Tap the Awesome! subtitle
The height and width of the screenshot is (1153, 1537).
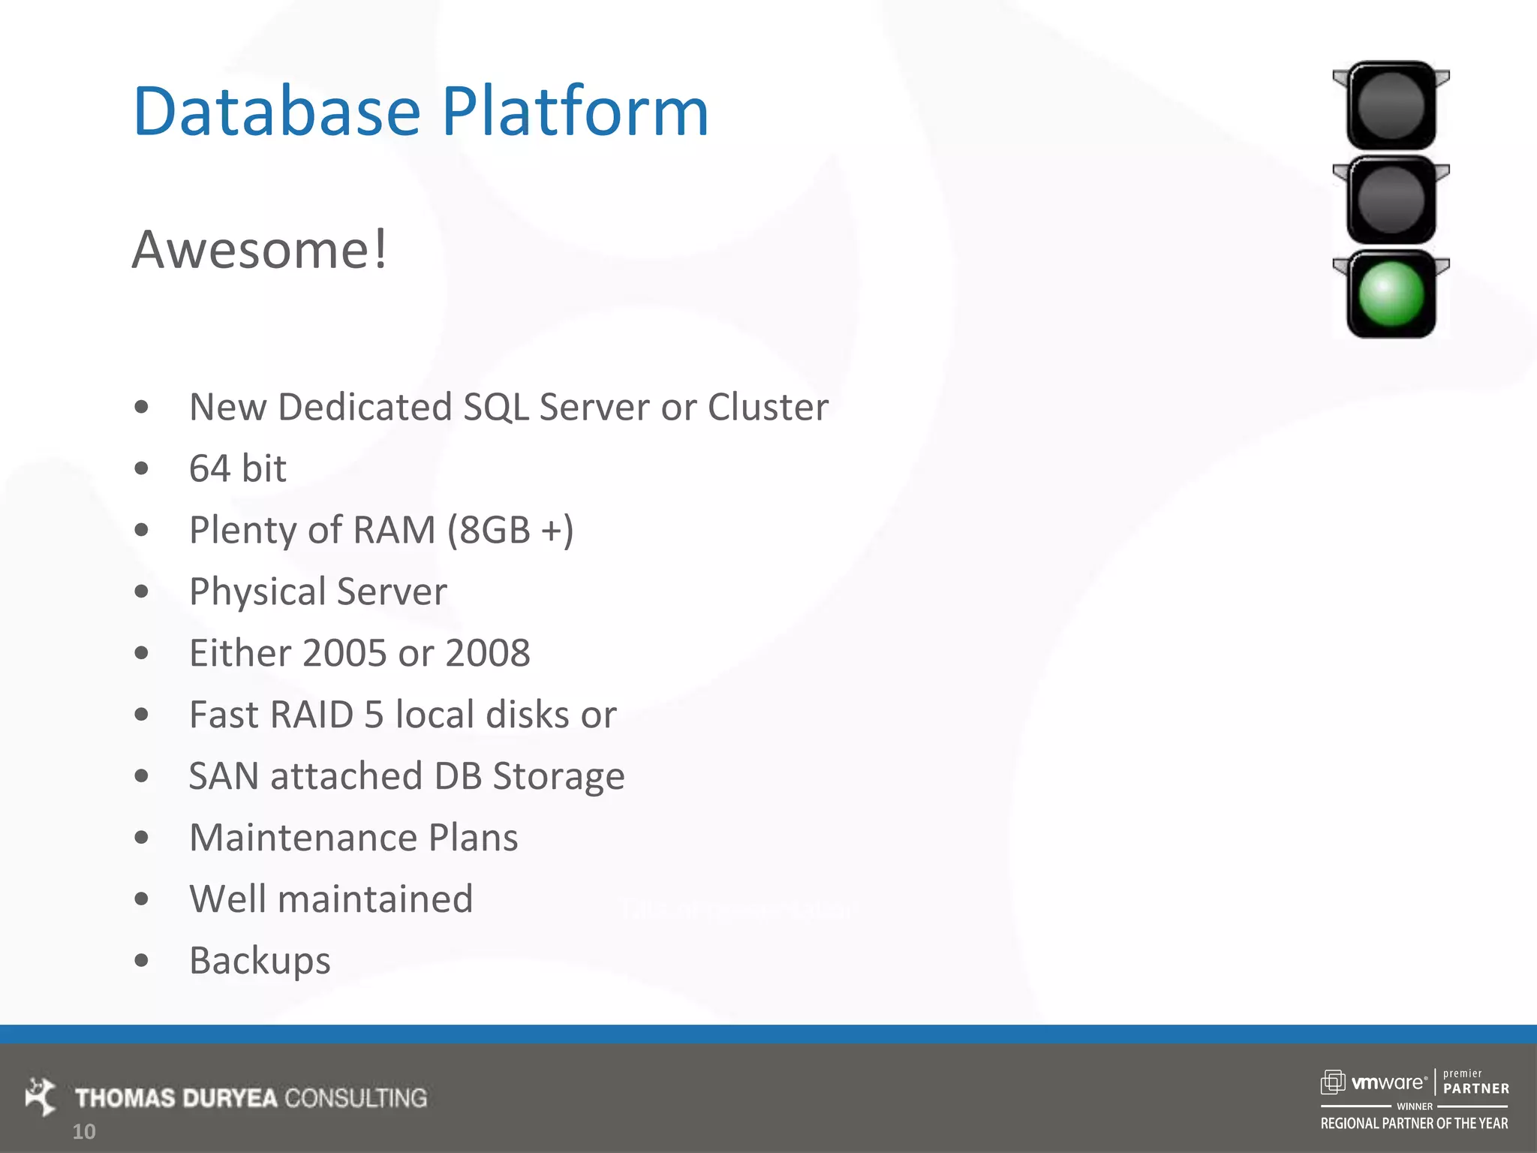tap(260, 249)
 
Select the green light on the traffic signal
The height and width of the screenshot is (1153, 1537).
tap(1391, 294)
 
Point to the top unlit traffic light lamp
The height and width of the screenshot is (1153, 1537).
tap(1391, 106)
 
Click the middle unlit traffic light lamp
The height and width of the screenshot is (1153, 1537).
tap(1391, 200)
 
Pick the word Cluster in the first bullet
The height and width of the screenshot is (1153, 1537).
tap(768, 407)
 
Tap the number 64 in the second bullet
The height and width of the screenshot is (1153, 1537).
tap(209, 468)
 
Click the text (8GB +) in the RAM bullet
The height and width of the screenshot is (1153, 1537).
tap(510, 530)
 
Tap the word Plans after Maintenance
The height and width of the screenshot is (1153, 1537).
tap(473, 838)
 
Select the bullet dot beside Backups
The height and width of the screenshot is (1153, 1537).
tap(141, 960)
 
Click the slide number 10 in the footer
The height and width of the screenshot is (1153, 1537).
tap(84, 1131)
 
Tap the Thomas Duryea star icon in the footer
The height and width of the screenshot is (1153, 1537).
tap(41, 1096)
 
